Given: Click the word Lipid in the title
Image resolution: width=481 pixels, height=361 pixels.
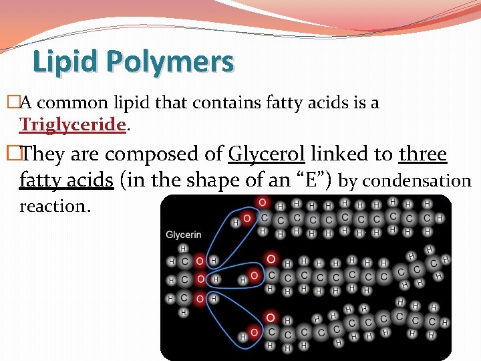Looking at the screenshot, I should pyautogui.click(x=66, y=62).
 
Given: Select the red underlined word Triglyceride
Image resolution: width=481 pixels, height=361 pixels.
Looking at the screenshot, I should pyautogui.click(x=73, y=124).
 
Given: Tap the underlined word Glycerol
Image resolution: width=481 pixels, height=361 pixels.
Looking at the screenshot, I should pyautogui.click(x=267, y=154).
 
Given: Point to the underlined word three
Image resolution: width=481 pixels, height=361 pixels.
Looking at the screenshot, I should pyautogui.click(x=423, y=154).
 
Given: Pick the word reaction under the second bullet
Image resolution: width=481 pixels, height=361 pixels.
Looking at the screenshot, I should pyautogui.click(x=55, y=206).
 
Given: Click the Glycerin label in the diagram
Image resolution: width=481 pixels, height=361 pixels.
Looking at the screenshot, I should pyautogui.click(x=184, y=235).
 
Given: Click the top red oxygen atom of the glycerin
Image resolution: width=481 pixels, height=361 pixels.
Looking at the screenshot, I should pyautogui.click(x=198, y=260).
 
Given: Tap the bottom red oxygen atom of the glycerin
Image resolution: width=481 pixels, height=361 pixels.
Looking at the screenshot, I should pyautogui.click(x=198, y=297).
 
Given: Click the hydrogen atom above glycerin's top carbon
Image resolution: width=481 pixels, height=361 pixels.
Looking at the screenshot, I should pyautogui.click(x=183, y=247).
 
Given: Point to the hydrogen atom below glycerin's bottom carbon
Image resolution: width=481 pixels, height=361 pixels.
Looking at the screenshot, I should pyautogui.click(x=183, y=312).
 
